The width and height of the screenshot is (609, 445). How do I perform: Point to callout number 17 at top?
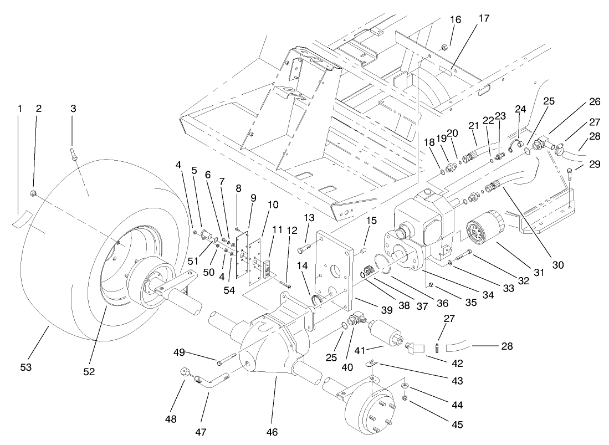[484, 18]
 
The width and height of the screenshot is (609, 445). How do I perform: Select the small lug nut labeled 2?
[33, 194]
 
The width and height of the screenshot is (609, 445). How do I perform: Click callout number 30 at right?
[558, 265]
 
